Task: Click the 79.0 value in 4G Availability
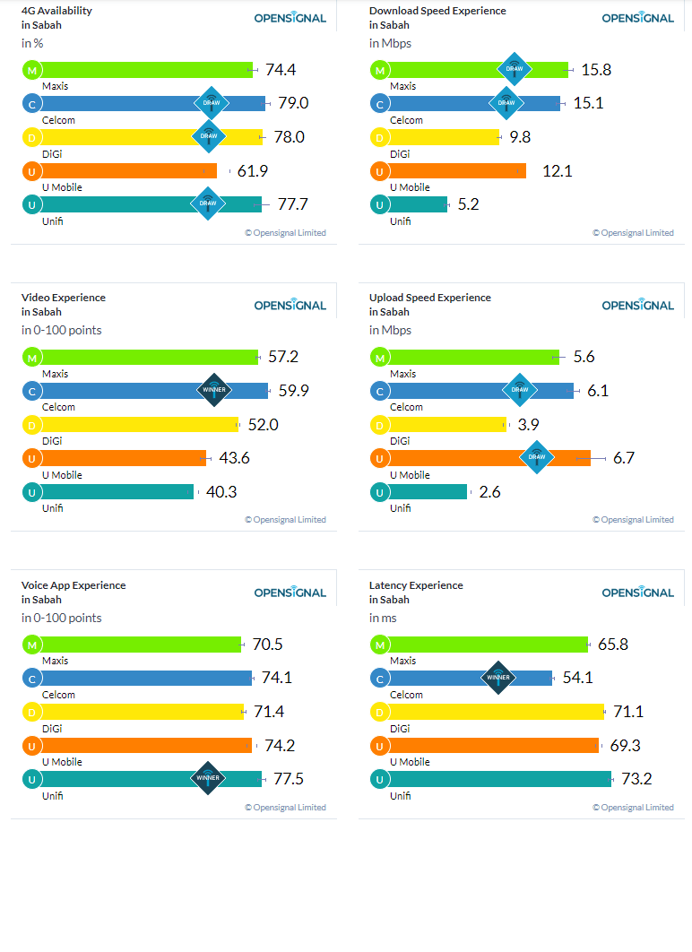pyautogui.click(x=293, y=103)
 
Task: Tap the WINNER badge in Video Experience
pyautogui.click(x=214, y=390)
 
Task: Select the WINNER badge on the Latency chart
pyautogui.click(x=498, y=678)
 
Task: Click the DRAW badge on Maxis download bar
pyautogui.click(x=515, y=69)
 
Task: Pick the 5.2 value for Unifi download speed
pyautogui.click(x=468, y=204)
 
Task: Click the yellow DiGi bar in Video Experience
pyautogui.click(x=140, y=424)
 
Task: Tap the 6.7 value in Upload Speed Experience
pyautogui.click(x=623, y=458)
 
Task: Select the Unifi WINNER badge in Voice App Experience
pyautogui.click(x=208, y=778)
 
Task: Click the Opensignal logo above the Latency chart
pyautogui.click(x=638, y=593)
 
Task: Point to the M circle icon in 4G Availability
pyautogui.click(x=32, y=71)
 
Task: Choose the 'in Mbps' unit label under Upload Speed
pyautogui.click(x=390, y=330)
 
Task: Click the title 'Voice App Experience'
pyautogui.click(x=74, y=585)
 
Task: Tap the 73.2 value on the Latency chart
pyautogui.click(x=636, y=779)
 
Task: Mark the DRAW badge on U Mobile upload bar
pyautogui.click(x=537, y=457)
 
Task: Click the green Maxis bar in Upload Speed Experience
pyautogui.click(x=473, y=357)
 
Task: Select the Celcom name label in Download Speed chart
pyautogui.click(x=406, y=120)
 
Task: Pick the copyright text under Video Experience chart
pyautogui.click(x=285, y=520)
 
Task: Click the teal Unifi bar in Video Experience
pyautogui.click(x=117, y=492)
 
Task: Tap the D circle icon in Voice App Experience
pyautogui.click(x=32, y=712)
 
